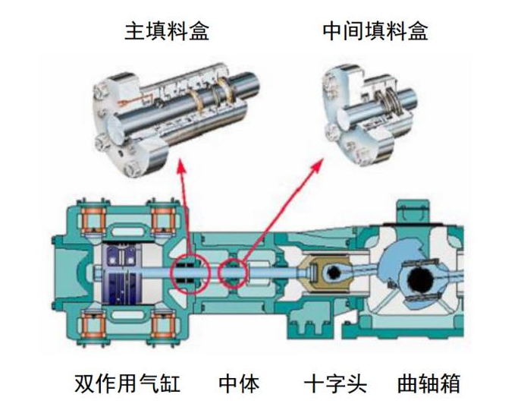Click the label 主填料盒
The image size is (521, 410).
167,31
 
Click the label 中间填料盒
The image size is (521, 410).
375,31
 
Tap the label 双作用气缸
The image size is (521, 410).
127,383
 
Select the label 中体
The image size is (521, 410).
239,383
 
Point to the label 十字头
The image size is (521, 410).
335,383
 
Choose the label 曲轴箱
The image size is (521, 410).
428,383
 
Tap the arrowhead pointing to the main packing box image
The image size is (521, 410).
181,166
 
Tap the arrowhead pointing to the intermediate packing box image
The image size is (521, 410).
317,165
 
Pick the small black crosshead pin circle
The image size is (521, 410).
333,273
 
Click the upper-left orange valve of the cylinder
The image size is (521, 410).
93,219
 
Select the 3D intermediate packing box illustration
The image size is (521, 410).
369,115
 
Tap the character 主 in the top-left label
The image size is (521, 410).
134,31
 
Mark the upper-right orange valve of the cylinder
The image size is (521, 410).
163,219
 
